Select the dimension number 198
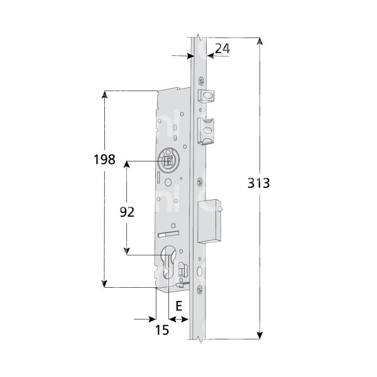tap(103, 159)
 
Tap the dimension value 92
tap(127, 212)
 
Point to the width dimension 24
tap(222, 48)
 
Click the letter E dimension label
tap(178, 306)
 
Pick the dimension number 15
tap(161, 330)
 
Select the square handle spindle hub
tap(168, 161)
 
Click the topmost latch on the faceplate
tap(206, 95)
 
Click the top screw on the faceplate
tap(200, 80)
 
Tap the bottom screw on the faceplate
tap(200, 289)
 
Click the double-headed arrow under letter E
tap(178, 320)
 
